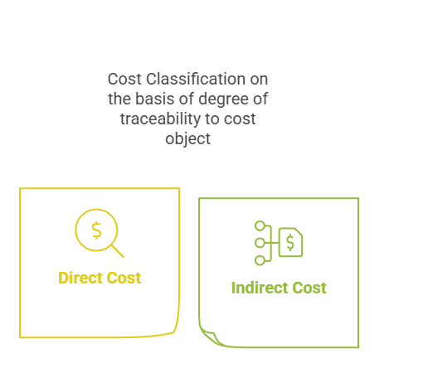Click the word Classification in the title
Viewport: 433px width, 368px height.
click(196, 79)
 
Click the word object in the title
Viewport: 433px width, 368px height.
click(187, 139)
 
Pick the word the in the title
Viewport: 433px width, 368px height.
click(119, 99)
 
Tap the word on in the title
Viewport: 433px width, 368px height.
click(259, 80)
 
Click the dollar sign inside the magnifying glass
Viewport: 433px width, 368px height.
click(96, 230)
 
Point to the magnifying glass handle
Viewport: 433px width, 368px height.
click(118, 251)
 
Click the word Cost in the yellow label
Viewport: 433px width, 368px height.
click(124, 278)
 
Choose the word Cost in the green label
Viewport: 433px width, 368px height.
click(309, 288)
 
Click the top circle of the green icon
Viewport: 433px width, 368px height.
click(260, 225)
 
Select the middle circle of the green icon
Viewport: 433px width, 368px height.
click(260, 243)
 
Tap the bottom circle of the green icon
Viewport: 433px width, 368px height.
click(260, 260)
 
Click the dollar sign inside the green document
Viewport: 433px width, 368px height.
click(290, 242)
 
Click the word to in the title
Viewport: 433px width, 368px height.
click(212, 119)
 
